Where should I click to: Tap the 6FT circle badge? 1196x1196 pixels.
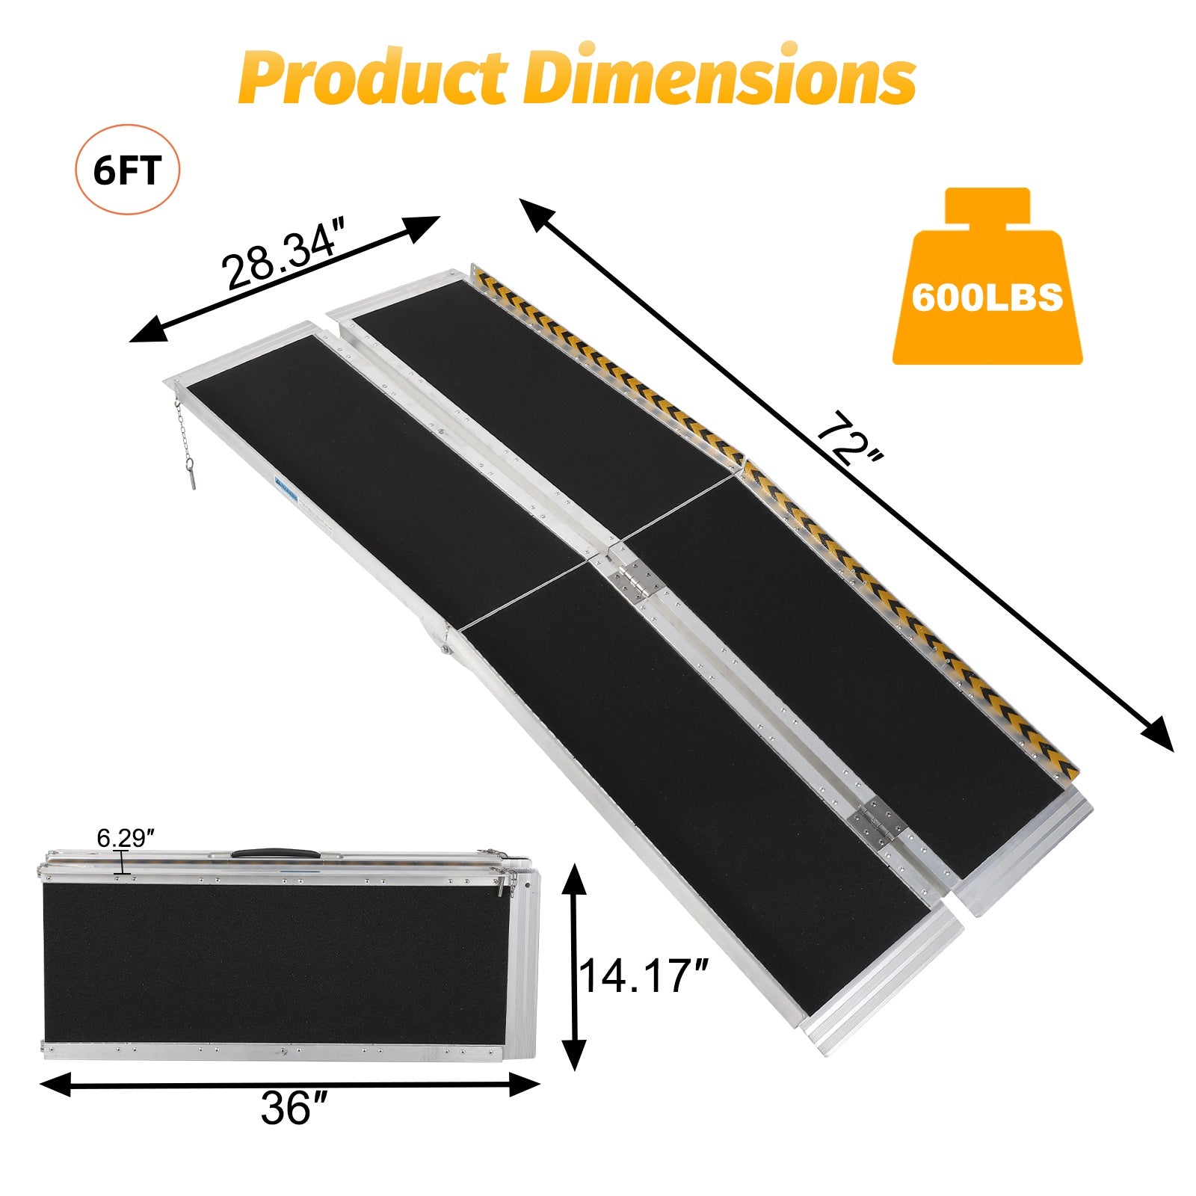pyautogui.click(x=127, y=170)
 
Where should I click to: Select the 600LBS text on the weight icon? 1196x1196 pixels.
pyautogui.click(x=987, y=298)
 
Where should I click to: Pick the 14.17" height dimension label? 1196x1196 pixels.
pyautogui.click(x=643, y=975)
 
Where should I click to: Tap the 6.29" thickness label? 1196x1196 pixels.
pyautogui.click(x=125, y=838)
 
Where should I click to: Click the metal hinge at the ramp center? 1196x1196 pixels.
pyautogui.click(x=632, y=579)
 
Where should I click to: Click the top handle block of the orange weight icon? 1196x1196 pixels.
pyautogui.click(x=987, y=205)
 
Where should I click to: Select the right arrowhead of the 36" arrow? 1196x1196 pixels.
pyautogui.click(x=526, y=1085)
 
